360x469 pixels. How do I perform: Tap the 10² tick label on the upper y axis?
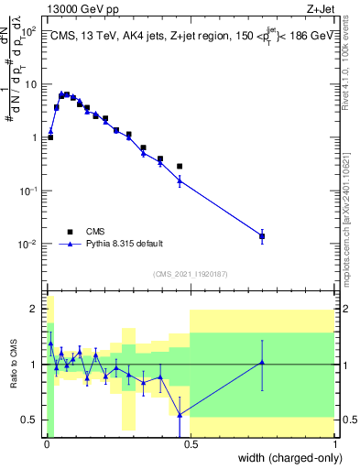(x=29, y=31)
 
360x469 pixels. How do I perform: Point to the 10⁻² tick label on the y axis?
(x=28, y=245)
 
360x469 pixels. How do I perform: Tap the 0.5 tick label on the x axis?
(x=189, y=442)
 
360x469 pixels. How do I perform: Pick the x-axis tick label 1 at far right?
(x=333, y=442)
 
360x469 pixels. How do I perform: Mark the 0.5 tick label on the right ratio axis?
(x=348, y=420)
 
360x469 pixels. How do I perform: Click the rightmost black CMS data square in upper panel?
(x=262, y=236)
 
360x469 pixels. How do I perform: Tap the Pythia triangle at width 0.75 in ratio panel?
(x=262, y=363)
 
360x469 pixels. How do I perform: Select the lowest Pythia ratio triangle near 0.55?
(x=180, y=414)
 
